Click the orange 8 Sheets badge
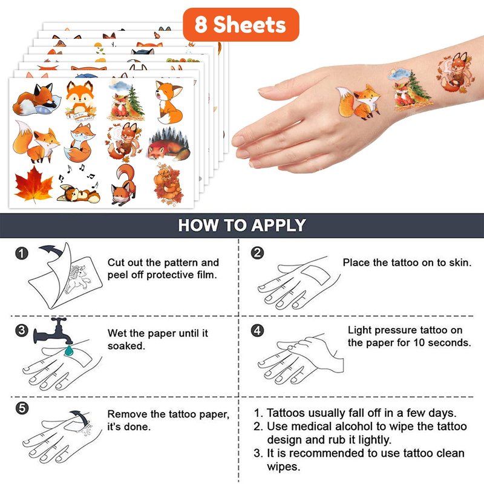click(241, 25)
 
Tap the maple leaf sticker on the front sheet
click(34, 185)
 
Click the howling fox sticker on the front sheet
click(169, 102)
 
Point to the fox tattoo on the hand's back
click(359, 102)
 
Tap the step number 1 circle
click(22, 253)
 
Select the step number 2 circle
click(258, 253)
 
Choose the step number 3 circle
click(22, 330)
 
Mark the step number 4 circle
click(258, 330)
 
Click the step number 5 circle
click(22, 408)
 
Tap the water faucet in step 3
click(53, 331)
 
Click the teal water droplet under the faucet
click(68, 350)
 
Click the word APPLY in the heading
click(278, 225)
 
